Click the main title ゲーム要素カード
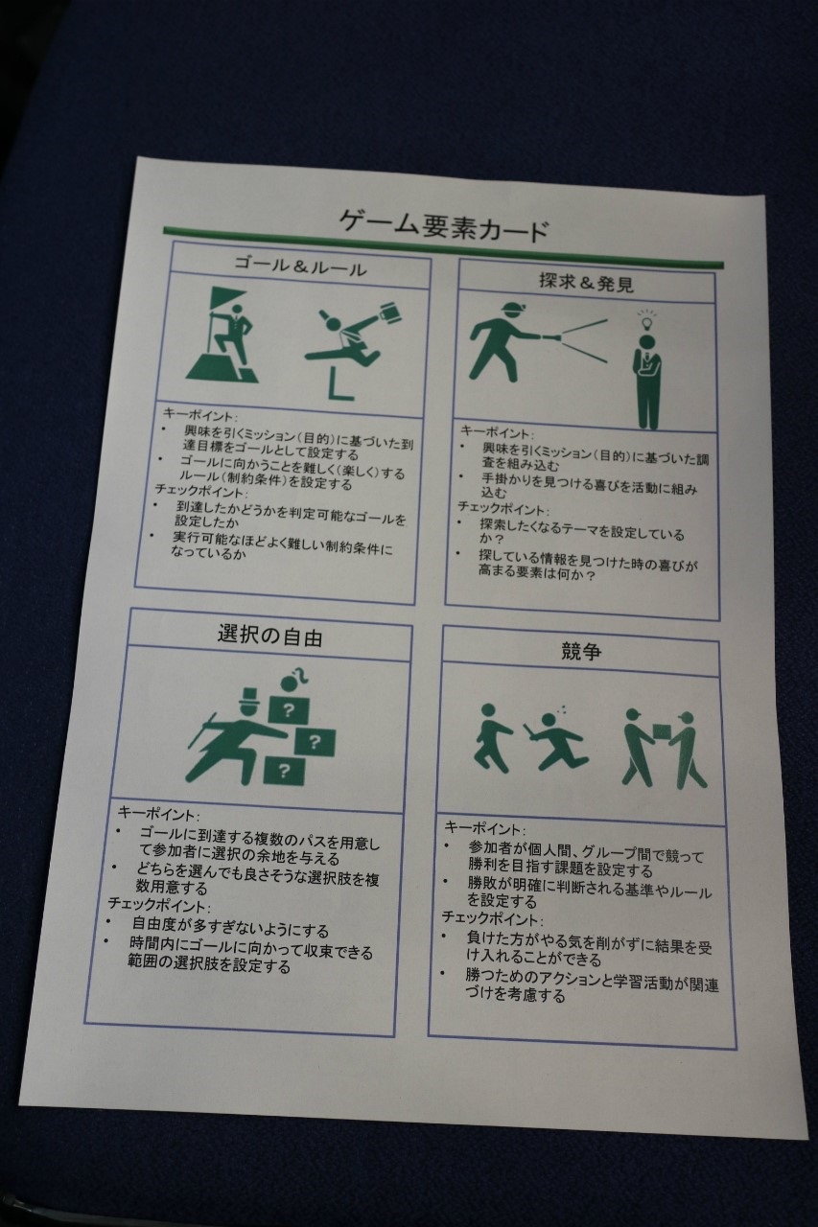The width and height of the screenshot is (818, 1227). click(x=444, y=224)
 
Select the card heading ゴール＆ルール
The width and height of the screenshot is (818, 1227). click(x=300, y=266)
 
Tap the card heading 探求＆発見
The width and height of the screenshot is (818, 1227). click(x=587, y=283)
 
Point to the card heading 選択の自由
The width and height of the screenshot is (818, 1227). click(x=269, y=636)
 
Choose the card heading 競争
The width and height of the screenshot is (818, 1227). click(x=581, y=651)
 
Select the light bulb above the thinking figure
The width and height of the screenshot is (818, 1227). click(x=648, y=319)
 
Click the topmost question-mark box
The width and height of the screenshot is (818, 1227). click(x=289, y=710)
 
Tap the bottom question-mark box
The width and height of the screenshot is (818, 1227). click(x=283, y=770)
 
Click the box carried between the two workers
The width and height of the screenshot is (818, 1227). click(x=662, y=733)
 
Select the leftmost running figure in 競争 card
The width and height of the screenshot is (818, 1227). click(x=492, y=738)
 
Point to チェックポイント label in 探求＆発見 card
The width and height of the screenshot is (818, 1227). click(x=502, y=508)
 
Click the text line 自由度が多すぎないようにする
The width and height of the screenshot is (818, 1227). click(x=231, y=927)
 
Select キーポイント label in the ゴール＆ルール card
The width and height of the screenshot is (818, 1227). click(x=199, y=413)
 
